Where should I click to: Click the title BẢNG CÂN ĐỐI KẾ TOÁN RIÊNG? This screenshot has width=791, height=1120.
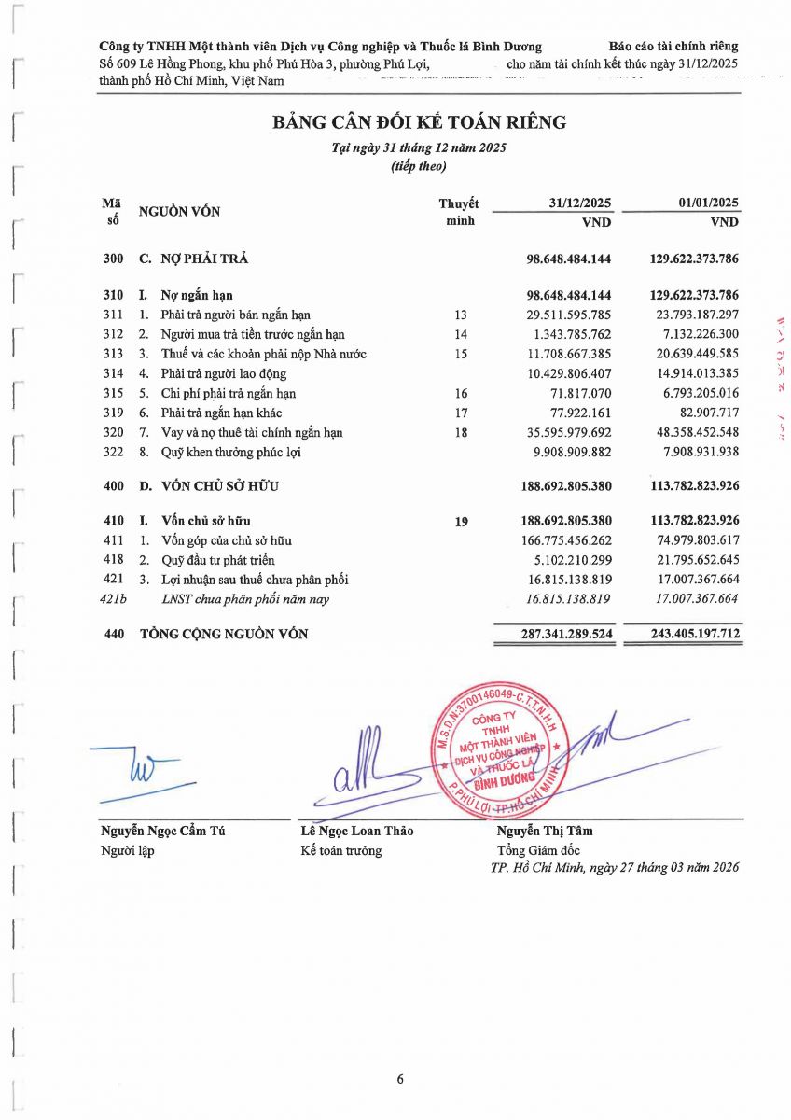[x=419, y=122]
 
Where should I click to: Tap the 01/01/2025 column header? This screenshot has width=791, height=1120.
[x=709, y=203]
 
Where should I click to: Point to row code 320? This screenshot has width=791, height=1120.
[x=113, y=432]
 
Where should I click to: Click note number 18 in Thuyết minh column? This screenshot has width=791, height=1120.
[x=461, y=432]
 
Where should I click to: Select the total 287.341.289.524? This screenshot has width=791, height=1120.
[x=568, y=634]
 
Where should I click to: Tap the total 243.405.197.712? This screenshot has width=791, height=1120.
[x=695, y=634]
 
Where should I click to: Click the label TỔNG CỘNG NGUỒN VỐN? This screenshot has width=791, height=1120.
[x=224, y=634]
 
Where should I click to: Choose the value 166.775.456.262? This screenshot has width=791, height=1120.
[x=568, y=540]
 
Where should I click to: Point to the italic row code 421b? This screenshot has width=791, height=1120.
[x=113, y=599]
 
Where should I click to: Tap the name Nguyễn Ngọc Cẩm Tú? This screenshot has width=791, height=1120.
[x=162, y=831]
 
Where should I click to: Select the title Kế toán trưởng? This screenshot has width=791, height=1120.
[x=340, y=850]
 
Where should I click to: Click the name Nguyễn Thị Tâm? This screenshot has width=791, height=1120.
[x=544, y=831]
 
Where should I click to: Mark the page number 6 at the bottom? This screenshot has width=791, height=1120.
[x=400, y=1079]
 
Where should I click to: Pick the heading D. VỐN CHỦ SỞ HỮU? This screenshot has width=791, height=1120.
[x=209, y=486]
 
